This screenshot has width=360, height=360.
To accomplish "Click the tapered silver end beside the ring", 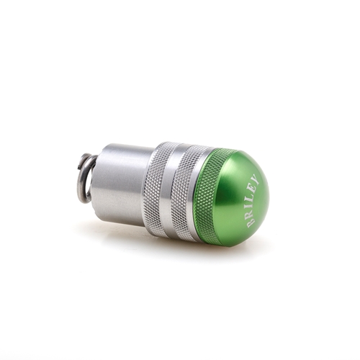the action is pos(96,179).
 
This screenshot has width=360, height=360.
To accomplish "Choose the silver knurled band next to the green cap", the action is pos(186,193).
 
